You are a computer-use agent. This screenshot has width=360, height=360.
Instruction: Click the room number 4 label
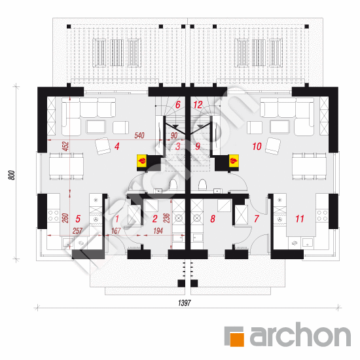point(117,146)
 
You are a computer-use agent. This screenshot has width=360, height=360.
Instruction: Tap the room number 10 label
point(257,146)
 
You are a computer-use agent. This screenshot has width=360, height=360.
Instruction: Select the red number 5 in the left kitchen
point(78,219)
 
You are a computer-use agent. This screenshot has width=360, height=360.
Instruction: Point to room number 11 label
point(300,219)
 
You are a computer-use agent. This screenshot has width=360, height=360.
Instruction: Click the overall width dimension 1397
point(185,303)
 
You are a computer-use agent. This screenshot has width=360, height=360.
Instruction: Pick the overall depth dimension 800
point(12,175)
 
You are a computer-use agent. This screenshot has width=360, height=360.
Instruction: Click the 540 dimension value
point(139,135)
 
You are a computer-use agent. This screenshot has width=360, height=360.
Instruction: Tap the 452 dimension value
point(65,146)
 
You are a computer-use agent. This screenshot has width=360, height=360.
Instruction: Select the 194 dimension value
point(158,231)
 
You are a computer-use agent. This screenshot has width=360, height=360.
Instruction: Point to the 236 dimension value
point(166,218)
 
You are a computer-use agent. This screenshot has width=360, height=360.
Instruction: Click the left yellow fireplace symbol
point(141,160)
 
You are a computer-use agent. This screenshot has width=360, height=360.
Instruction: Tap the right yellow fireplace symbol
point(234,160)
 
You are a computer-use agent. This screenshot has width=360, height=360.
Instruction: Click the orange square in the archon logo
point(236,339)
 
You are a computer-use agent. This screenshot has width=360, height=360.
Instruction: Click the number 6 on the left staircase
point(177,105)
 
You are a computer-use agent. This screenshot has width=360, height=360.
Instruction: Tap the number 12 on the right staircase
point(198,105)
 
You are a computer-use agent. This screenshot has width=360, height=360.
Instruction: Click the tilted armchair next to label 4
point(103,146)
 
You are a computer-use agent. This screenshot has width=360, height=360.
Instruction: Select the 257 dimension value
point(77,231)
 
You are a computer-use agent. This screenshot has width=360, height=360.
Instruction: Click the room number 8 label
point(213,219)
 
